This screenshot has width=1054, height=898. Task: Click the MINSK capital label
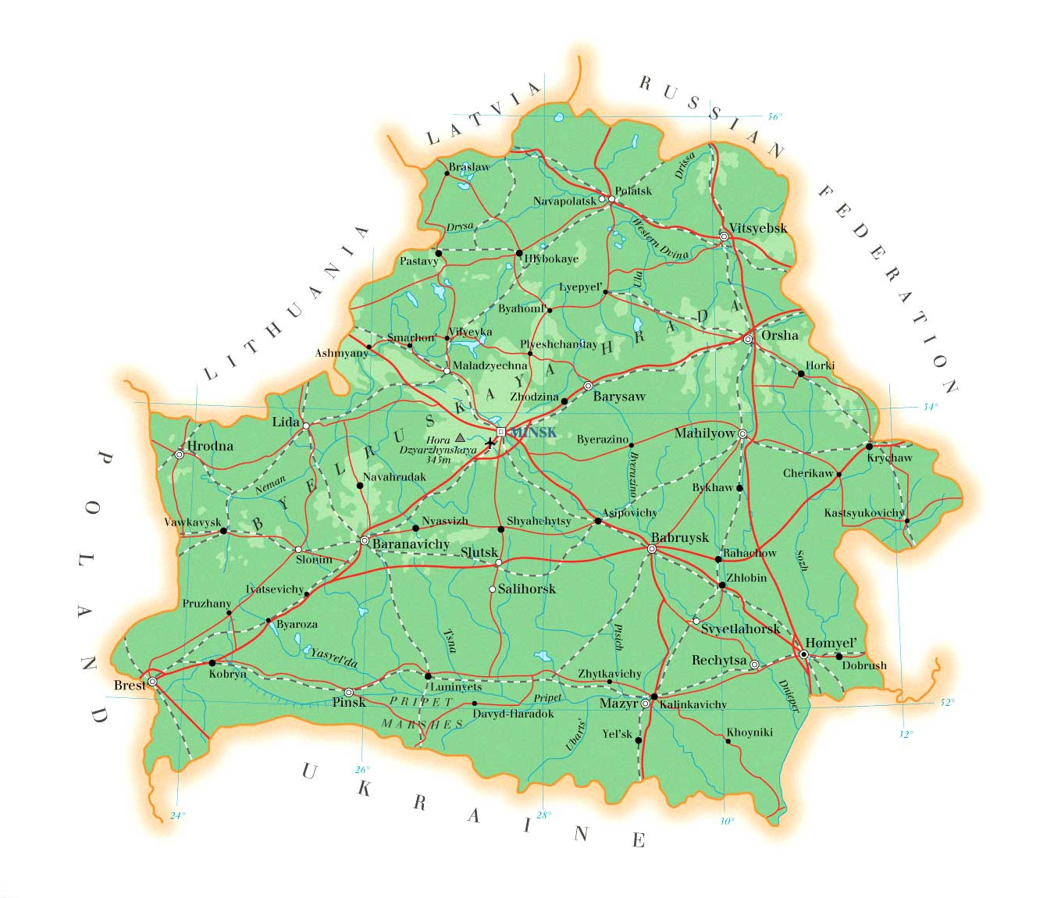coord(532,432)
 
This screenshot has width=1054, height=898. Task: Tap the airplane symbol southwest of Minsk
coord(490,444)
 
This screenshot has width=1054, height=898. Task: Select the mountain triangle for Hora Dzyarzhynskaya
coord(460,438)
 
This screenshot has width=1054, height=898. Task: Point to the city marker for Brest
coord(152,682)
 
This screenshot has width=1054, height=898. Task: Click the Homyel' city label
coord(831,643)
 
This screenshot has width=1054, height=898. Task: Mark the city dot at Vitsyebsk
coord(724,236)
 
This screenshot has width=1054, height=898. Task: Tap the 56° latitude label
coord(774,117)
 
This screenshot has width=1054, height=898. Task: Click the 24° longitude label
coord(178,816)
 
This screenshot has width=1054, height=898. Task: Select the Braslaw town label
coord(468,166)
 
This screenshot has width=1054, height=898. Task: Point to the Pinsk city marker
coord(348,692)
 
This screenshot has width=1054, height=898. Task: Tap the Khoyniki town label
coord(750,732)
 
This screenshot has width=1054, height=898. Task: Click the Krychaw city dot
coord(869,446)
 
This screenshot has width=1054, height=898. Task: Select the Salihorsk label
coord(527,589)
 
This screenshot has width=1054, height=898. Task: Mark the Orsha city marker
coord(748,339)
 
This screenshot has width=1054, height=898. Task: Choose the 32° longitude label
coord(906,734)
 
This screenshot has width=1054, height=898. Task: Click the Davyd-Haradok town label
coord(514,714)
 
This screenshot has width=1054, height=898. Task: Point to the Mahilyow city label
coord(705,433)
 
